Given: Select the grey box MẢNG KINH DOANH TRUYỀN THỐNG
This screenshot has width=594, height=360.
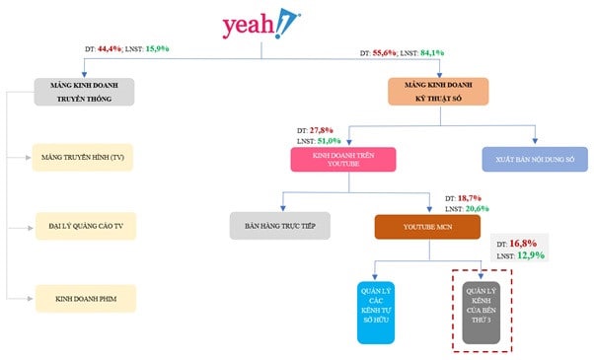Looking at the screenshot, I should tap(83, 91).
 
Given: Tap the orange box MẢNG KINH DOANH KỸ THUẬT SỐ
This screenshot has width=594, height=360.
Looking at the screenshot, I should tap(437, 91).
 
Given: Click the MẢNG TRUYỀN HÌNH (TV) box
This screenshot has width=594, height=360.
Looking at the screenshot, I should tap(83, 157).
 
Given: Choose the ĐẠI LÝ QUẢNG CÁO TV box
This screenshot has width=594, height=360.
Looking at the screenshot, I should tap(83, 225).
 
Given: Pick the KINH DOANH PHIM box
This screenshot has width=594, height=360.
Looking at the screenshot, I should tap(83, 295).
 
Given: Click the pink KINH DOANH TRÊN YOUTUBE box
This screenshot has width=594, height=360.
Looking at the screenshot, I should tap(343, 160).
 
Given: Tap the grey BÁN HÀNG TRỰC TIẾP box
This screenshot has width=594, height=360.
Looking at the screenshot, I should tap(280, 225).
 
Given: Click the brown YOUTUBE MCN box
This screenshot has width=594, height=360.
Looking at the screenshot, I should tap(426, 226).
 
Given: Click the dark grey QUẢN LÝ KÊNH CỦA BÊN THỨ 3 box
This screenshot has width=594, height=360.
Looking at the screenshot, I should tap(483, 311).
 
